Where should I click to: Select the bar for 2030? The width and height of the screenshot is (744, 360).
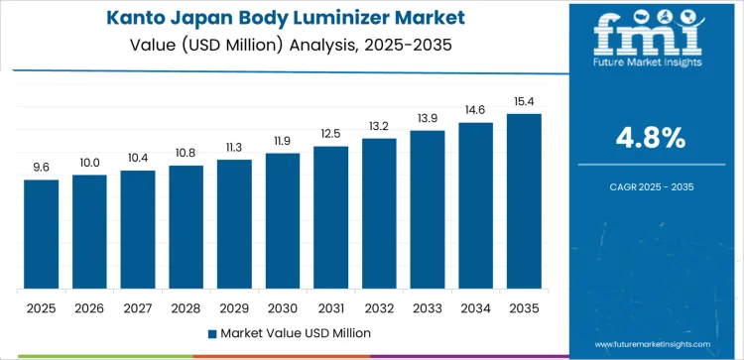point(283,221)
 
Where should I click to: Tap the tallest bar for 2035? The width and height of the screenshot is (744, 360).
point(524,201)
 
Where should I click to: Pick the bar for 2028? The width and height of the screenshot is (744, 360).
point(186,227)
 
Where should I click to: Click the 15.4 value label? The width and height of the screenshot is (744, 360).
point(524,102)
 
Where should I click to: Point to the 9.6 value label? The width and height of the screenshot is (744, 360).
point(42,168)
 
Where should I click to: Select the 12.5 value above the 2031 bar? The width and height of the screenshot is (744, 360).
point(330,134)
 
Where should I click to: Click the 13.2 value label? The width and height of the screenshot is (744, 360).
point(379,126)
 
